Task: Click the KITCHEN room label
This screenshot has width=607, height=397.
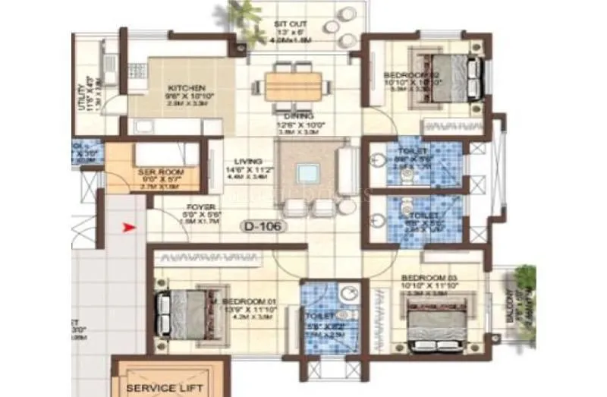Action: (182, 87)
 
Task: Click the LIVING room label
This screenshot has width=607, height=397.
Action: (248, 162)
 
